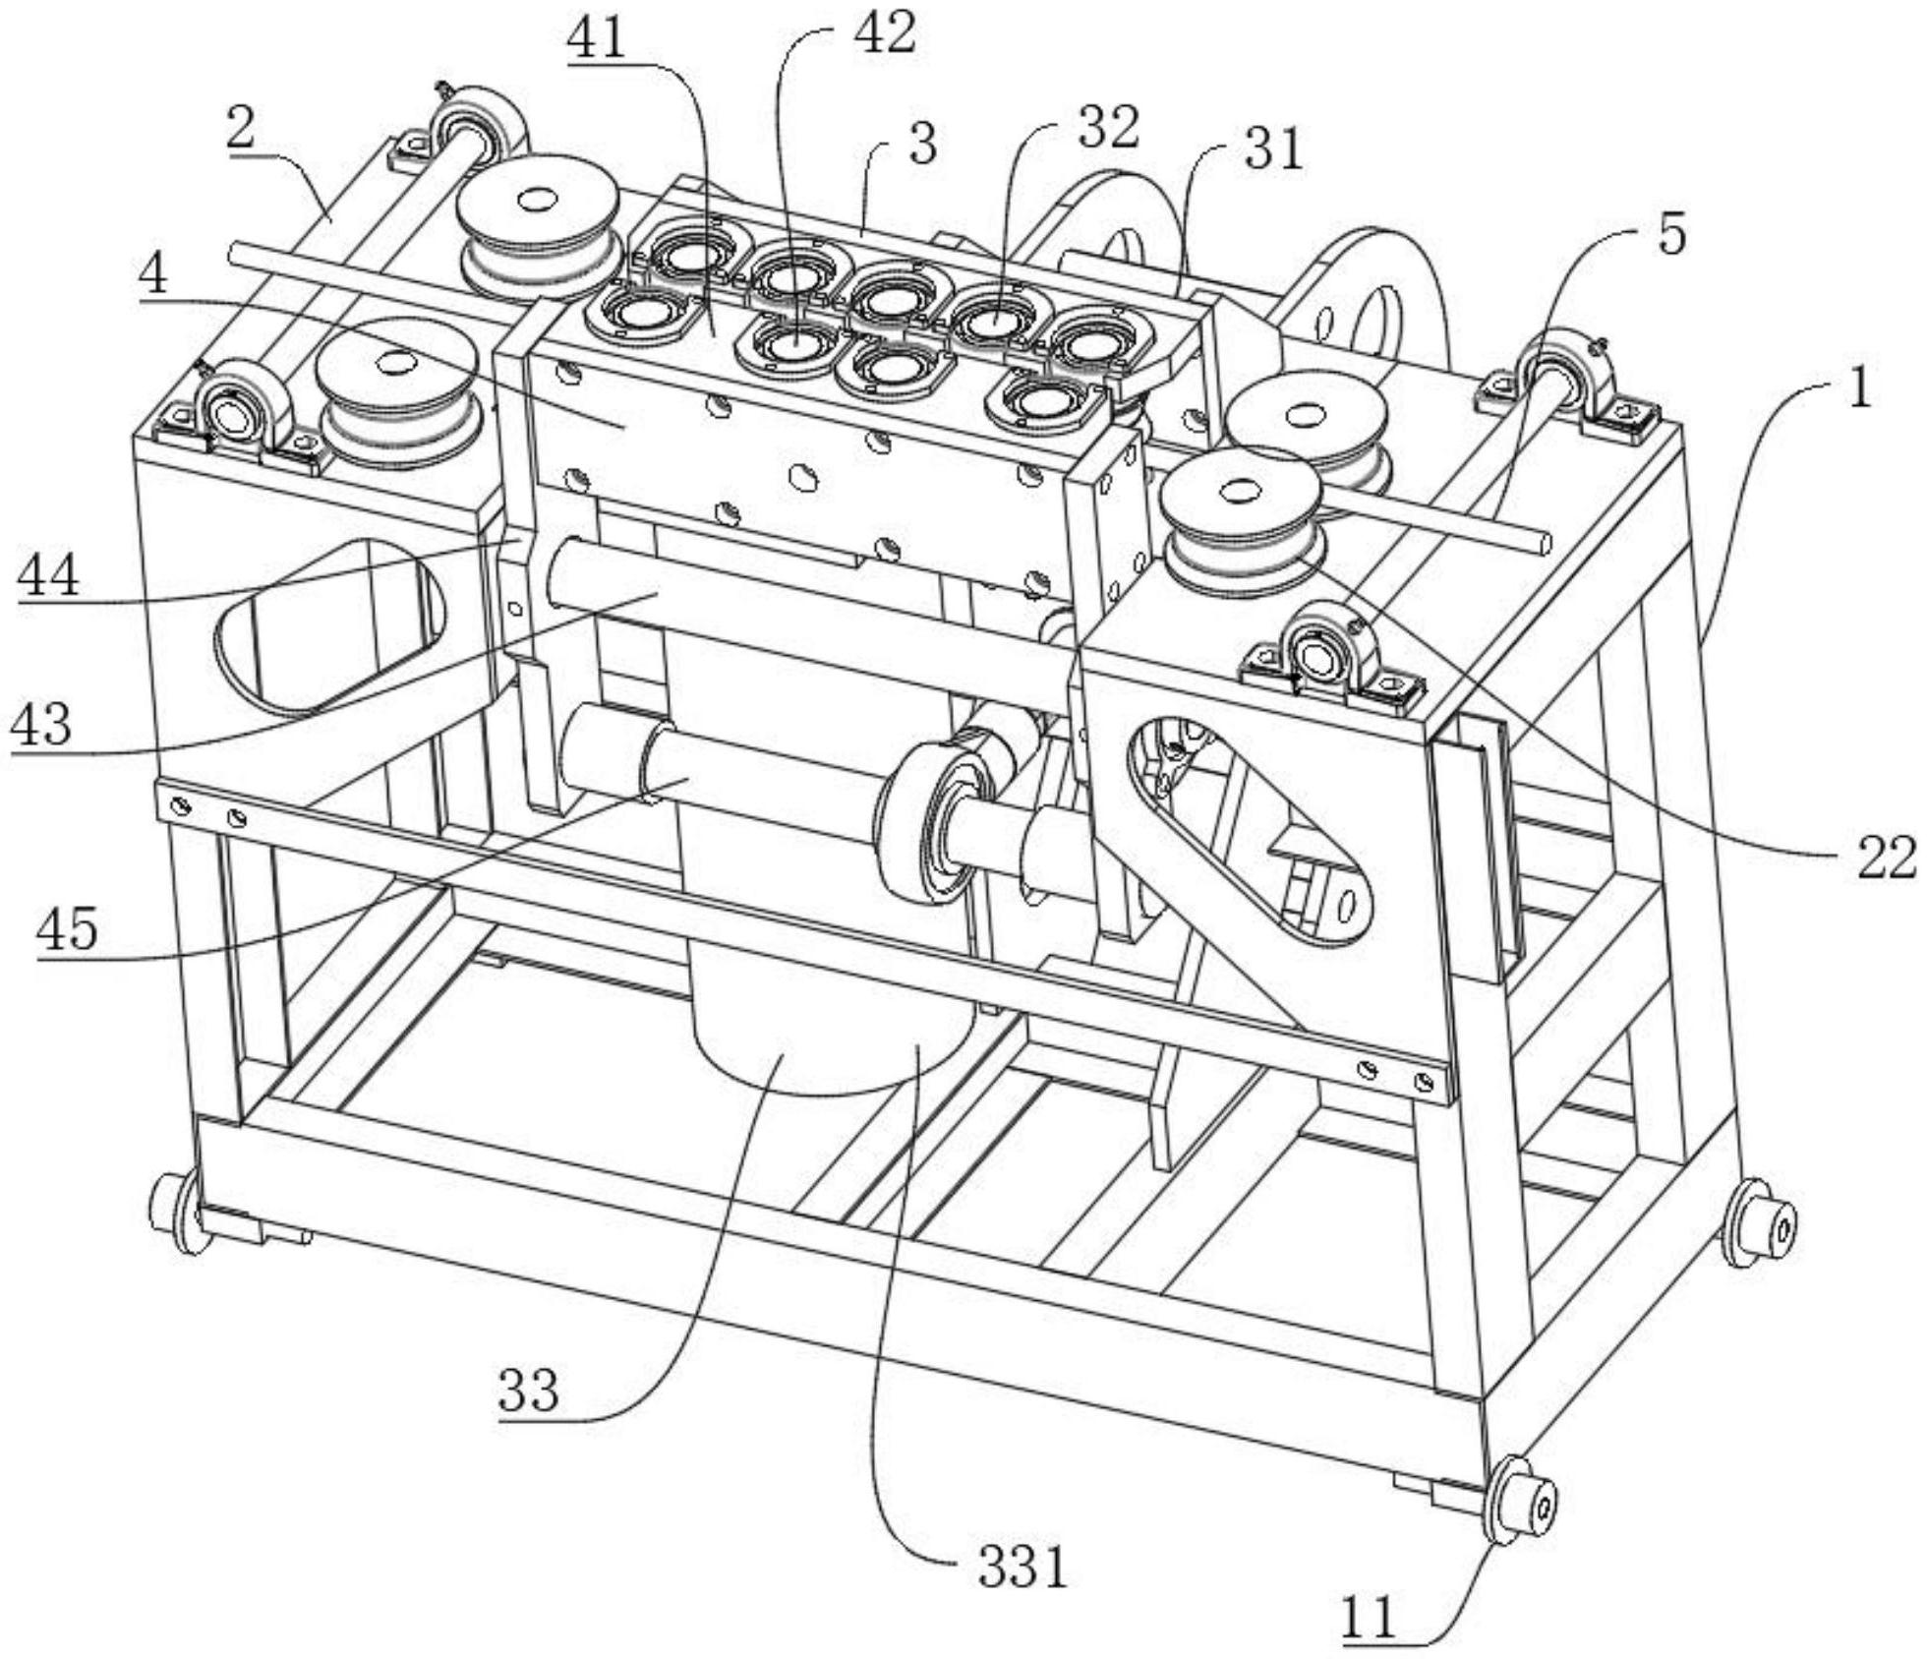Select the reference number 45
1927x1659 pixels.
pyautogui.click(x=68, y=926)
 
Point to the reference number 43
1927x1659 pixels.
pyautogui.click(x=41, y=725)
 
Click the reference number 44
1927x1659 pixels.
pyautogui.click(x=48, y=574)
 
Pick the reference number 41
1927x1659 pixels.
pyautogui.click(x=597, y=39)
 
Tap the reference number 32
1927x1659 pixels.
pyautogui.click(x=1108, y=128)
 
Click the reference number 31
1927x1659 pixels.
pyautogui.click(x=1272, y=149)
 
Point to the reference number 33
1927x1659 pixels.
pyautogui.click(x=528, y=1390)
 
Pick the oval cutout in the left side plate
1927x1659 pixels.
pyautogui.click(x=329, y=624)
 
